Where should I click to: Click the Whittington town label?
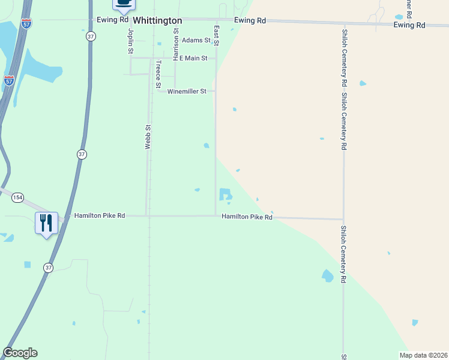pos(157,20)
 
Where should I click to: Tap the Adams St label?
pos(196,40)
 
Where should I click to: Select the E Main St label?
pos(193,58)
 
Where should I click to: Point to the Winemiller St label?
pos(187,91)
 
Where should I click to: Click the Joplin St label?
pos(130,40)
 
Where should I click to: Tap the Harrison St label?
pos(176,44)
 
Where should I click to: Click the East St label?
pos(216,35)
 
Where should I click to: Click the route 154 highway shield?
pos(18,197)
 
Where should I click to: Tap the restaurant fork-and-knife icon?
pos(46,223)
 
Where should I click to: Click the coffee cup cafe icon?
pos(124,3)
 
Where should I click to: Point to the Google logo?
pos(20,353)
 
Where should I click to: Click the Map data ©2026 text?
pos(424,355)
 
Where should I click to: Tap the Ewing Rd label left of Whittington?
pos(113,20)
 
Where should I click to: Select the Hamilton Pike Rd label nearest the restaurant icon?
pos(100,215)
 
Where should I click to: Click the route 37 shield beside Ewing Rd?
pos(91,37)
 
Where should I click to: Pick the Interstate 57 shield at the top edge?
pos(26,23)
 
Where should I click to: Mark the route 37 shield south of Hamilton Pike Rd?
pos(49,267)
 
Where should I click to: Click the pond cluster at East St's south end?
pos(226,194)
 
